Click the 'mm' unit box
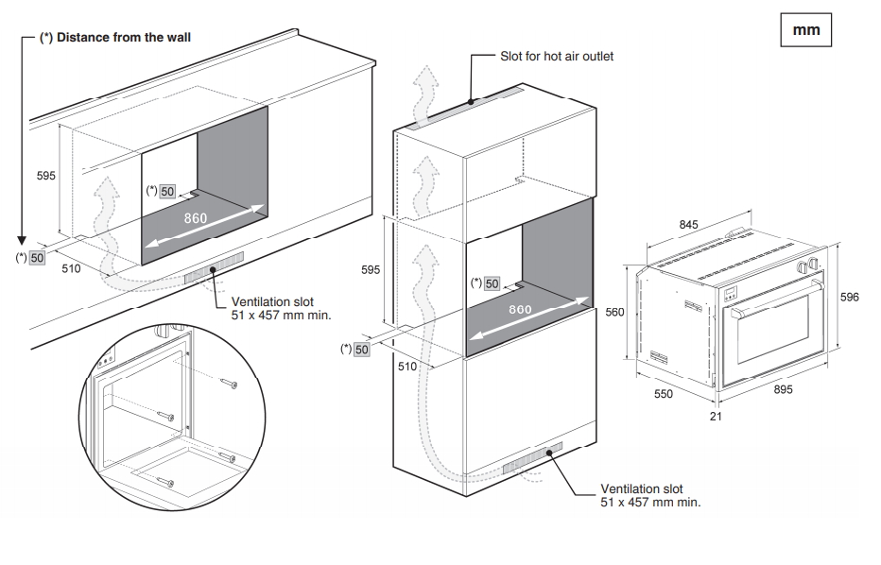tap(805, 29)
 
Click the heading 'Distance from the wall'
tap(114, 38)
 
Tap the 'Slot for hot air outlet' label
tap(557, 56)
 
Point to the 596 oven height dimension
tap(849, 298)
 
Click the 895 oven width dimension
tap(783, 388)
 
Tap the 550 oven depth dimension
tap(664, 394)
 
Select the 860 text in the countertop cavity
tap(196, 219)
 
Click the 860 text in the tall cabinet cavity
tap(521, 309)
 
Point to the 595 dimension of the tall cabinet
tap(372, 270)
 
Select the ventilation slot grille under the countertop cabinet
tap(215, 268)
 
